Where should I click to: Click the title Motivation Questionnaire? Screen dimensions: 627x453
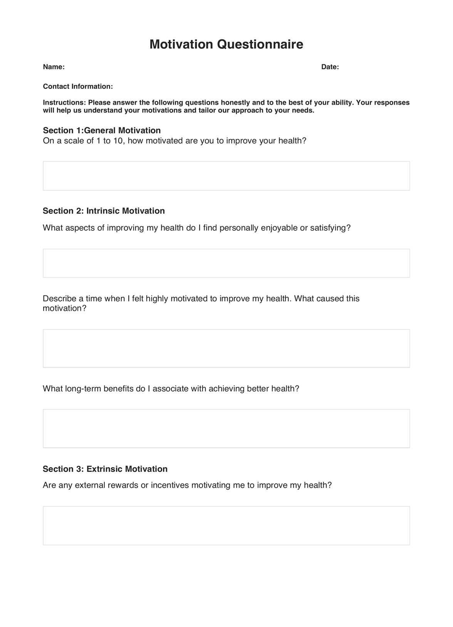[x=226, y=44]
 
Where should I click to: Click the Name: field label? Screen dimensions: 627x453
[x=54, y=67]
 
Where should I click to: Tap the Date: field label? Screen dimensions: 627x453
[x=330, y=67]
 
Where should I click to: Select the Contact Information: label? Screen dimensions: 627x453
[x=78, y=87]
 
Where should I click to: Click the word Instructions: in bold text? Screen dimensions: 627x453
[x=64, y=103]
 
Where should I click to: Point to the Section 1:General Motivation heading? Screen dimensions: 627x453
[x=102, y=130]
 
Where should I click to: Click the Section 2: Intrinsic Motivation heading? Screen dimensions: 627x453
[x=104, y=211]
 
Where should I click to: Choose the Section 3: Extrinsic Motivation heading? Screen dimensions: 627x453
[x=105, y=469]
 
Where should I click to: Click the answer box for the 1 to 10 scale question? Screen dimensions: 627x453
[x=226, y=176]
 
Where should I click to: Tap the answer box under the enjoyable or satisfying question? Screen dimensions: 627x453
[x=226, y=263]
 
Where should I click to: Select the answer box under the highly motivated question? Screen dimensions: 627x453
[x=226, y=348]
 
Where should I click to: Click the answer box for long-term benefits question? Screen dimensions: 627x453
[x=226, y=429]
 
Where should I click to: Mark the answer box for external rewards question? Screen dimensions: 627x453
[x=226, y=525]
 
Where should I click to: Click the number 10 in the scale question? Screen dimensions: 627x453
[x=117, y=141]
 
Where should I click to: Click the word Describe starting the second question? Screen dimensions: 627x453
[x=59, y=298]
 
